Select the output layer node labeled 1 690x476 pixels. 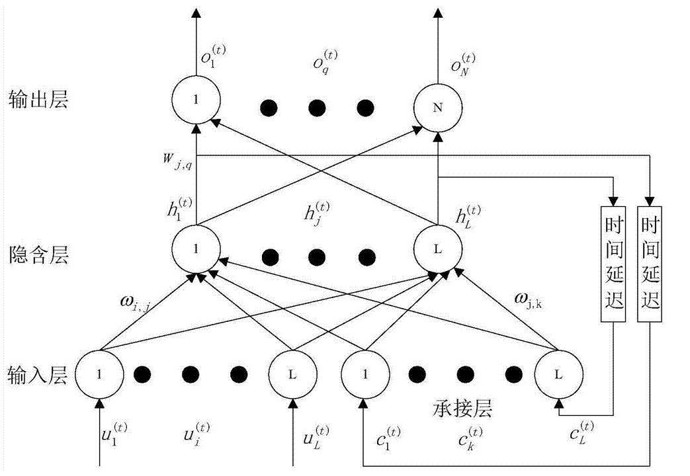(195, 100)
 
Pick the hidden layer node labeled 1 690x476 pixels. (195, 250)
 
